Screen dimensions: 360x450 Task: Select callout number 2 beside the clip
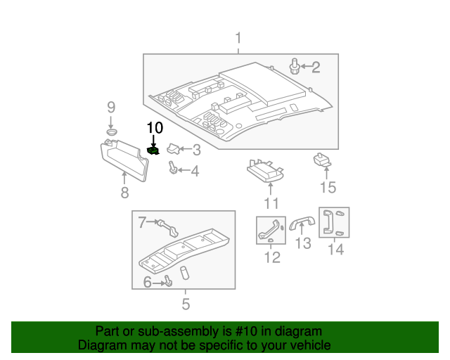coord(316,67)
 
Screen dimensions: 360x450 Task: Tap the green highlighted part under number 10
coord(153,150)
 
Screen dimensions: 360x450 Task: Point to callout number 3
coord(196,149)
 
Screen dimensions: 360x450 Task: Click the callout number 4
coord(195,171)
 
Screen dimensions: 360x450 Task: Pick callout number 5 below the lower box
coord(186,304)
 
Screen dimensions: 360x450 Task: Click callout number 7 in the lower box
coord(141,223)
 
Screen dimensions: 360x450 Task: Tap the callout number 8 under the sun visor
coord(124,193)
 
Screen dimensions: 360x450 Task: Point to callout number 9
coord(110,108)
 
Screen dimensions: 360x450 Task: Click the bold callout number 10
coord(154,127)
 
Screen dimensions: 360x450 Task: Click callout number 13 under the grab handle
coord(302,243)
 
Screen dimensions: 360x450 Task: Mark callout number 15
coord(328,187)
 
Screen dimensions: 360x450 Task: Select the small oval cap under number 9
coord(111,131)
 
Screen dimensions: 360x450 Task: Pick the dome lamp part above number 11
coord(265,169)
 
